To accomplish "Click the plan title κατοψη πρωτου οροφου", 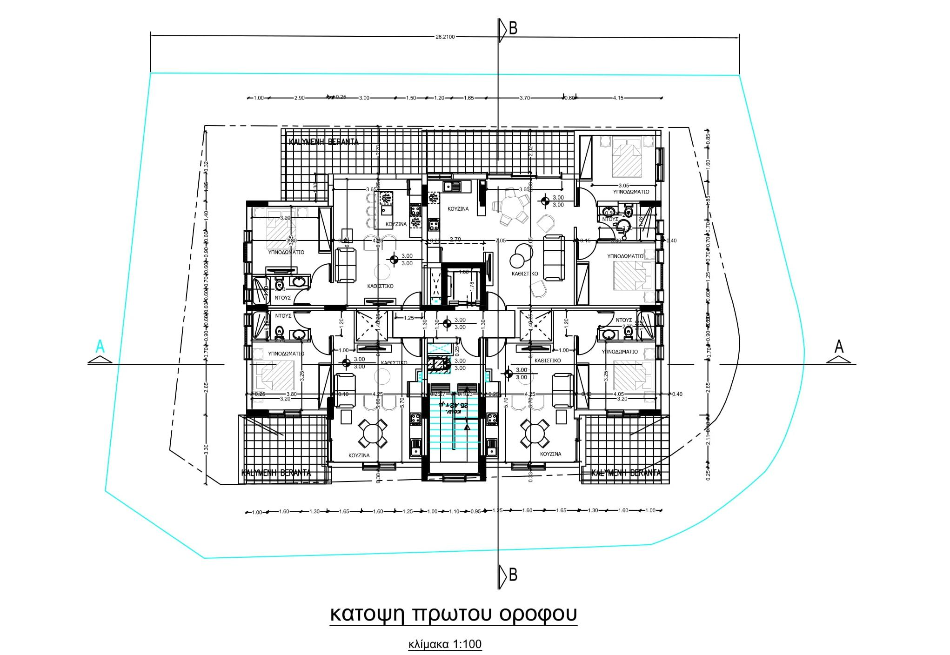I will click(x=454, y=614).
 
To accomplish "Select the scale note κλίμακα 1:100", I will click(x=445, y=645).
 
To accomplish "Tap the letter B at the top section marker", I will click(x=513, y=29).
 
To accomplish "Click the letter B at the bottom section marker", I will click(x=513, y=575).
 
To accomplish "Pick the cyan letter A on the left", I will click(x=100, y=347).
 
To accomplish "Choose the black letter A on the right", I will click(x=839, y=347).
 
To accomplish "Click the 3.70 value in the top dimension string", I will click(x=524, y=98).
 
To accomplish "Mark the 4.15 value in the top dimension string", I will click(x=618, y=98).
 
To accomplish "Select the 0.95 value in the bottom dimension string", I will click(x=475, y=512).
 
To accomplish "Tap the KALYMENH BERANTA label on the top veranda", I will click(x=324, y=142).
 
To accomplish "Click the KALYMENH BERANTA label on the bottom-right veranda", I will click(x=626, y=474).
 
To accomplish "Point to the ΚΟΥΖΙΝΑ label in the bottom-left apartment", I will click(x=359, y=455).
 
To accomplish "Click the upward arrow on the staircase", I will click(x=467, y=425).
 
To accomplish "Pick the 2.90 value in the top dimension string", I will click(x=300, y=98).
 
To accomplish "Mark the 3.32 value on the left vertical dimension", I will click(x=207, y=167).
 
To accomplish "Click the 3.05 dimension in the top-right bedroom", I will click(x=623, y=186).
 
